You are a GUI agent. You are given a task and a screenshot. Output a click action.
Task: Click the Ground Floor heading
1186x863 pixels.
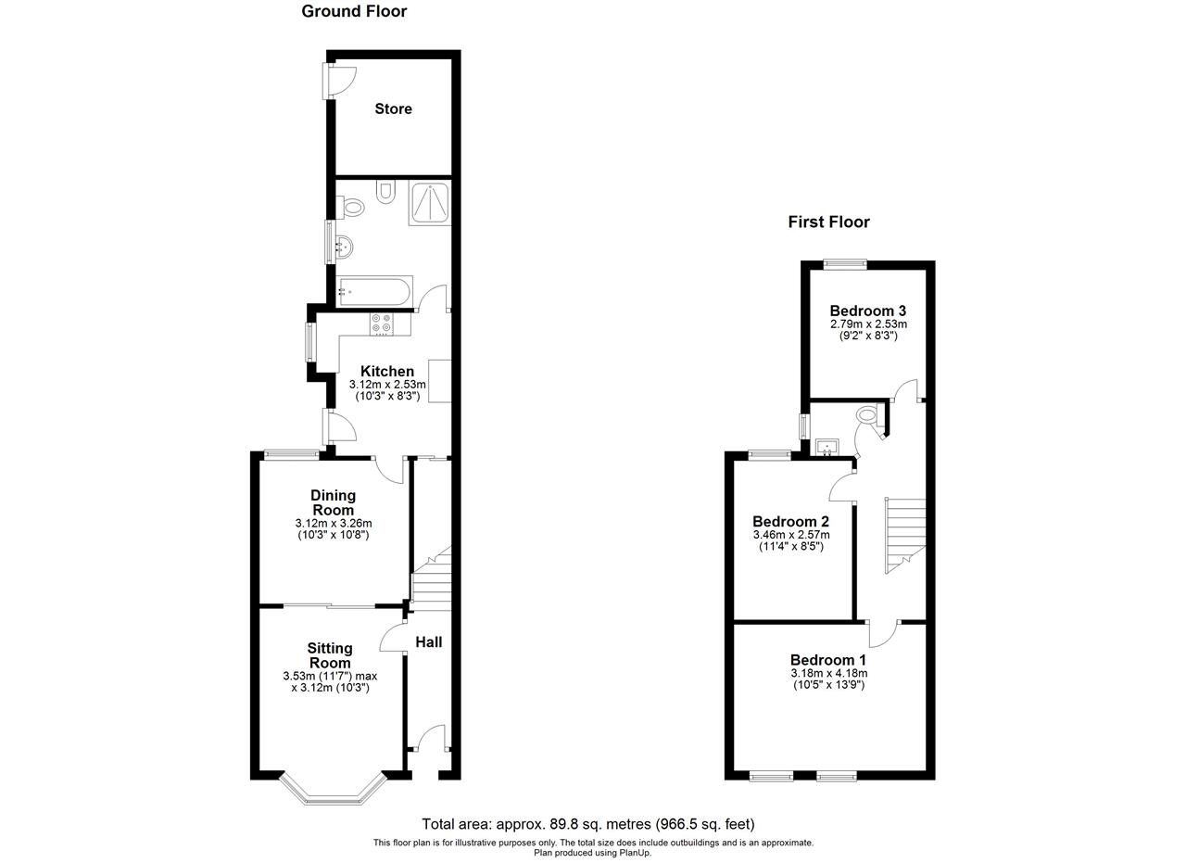354,11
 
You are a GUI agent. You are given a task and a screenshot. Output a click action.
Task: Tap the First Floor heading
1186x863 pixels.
828,222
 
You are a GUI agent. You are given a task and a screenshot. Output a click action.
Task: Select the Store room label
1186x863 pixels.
393,108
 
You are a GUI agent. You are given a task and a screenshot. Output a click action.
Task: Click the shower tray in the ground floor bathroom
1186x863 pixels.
429,203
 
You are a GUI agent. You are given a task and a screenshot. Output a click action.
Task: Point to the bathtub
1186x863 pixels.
374,291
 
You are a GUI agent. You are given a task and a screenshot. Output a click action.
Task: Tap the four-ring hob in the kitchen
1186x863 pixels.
382,324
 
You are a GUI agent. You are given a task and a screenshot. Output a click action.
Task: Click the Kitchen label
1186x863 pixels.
387,371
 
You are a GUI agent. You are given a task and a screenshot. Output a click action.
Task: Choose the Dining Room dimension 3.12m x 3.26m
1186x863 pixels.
333,524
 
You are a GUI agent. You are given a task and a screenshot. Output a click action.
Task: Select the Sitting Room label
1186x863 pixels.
330,655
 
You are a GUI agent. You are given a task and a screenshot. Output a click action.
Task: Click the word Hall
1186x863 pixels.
428,642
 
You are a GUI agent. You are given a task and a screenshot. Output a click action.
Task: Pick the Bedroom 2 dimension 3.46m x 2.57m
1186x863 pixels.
791,535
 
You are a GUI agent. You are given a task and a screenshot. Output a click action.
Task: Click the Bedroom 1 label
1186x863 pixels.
828,660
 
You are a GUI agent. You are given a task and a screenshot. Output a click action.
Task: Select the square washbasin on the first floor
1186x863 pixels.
826,447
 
